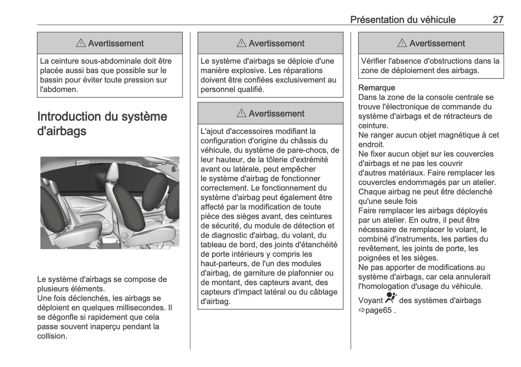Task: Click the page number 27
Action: pyautogui.click(x=498, y=19)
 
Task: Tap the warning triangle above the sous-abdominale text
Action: pyautogui.click(x=81, y=43)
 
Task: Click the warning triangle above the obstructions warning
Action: pyautogui.click(x=402, y=43)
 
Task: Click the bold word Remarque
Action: pyautogui.click(x=376, y=88)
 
